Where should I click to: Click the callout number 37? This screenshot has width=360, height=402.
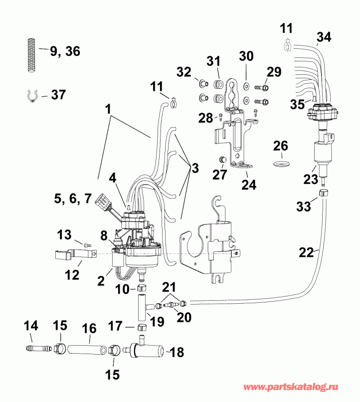59,94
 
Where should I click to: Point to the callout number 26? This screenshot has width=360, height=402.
281,146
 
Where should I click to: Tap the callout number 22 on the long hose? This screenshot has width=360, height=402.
307,253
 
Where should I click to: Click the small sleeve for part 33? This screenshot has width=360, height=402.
323,193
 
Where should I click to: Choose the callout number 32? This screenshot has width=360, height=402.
184,72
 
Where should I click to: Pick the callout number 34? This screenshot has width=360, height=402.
323,36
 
